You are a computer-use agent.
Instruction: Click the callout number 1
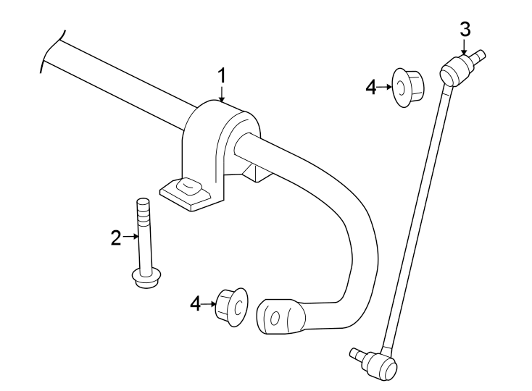(x=223, y=75)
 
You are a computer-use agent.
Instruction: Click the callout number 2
(x=116, y=237)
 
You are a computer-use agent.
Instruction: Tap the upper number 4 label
(x=371, y=88)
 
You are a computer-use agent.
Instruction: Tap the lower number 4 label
(x=194, y=303)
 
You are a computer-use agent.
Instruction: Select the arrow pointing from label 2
(x=130, y=236)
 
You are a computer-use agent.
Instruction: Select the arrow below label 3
(x=465, y=47)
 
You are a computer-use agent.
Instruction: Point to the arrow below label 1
(x=223, y=93)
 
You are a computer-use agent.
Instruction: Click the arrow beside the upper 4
(x=385, y=88)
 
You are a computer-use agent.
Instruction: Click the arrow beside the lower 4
(x=209, y=303)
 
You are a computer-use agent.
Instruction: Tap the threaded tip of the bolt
(x=143, y=206)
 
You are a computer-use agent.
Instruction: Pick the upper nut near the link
(x=409, y=87)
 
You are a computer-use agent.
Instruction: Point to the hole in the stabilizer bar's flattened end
(x=274, y=318)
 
